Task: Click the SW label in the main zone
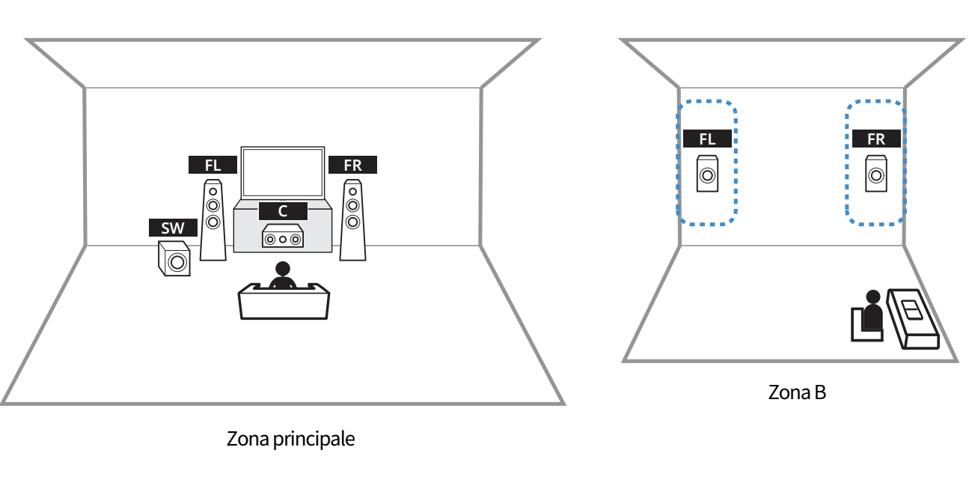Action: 173,228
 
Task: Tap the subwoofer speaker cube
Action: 174,258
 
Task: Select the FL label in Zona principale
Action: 213,165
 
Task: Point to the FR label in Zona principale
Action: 352,165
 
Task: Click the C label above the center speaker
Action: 283,211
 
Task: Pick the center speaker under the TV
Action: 283,237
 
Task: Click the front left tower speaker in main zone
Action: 213,220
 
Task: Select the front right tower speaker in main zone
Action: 352,220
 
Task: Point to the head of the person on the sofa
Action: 283,269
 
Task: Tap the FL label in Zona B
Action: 707,139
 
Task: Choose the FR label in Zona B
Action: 876,139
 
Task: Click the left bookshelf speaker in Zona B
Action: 707,174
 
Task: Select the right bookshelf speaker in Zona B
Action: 876,174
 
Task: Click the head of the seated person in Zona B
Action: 873,297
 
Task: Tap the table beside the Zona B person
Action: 913,319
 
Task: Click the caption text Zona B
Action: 797,392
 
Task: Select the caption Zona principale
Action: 290,439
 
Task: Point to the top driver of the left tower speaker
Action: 213,192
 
